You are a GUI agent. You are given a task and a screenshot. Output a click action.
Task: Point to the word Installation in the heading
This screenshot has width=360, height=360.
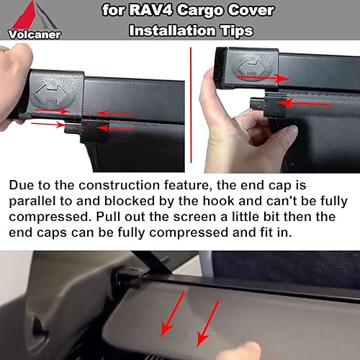point(170,30)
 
